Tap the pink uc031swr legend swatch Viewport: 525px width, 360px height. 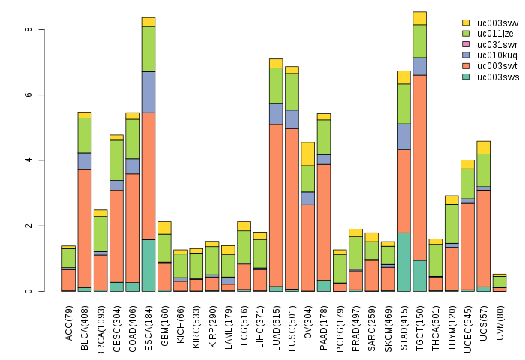click(x=466, y=44)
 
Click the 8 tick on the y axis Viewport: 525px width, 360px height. click(x=28, y=30)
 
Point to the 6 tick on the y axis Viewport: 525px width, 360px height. click(x=28, y=95)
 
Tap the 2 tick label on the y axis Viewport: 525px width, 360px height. click(x=28, y=226)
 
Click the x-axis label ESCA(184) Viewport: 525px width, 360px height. click(x=148, y=322)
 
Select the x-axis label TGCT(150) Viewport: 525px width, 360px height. click(x=420, y=322)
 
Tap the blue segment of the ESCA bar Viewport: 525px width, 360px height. click(x=148, y=91)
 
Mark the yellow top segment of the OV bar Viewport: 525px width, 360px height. click(x=307, y=154)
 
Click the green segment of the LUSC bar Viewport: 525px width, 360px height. click(x=292, y=91)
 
